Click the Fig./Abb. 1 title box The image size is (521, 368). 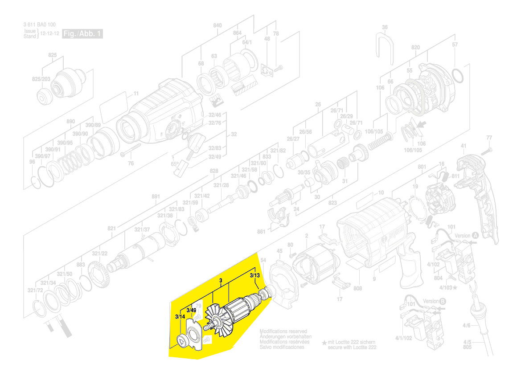pyautogui.click(x=82, y=34)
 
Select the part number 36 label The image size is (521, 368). pyautogui.click(x=385, y=27)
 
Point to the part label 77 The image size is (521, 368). pyautogui.click(x=489, y=137)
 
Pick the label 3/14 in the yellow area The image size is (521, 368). pyautogui.click(x=180, y=316)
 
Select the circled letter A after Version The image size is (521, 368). pyautogui.click(x=475, y=235)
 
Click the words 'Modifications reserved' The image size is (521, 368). pyautogui.click(x=283, y=332)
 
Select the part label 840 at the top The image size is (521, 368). pyautogui.click(x=217, y=25)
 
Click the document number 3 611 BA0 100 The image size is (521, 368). pyautogui.click(x=40, y=25)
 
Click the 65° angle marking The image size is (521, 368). pyautogui.click(x=174, y=164)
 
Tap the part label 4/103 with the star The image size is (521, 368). pyautogui.click(x=448, y=288)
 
